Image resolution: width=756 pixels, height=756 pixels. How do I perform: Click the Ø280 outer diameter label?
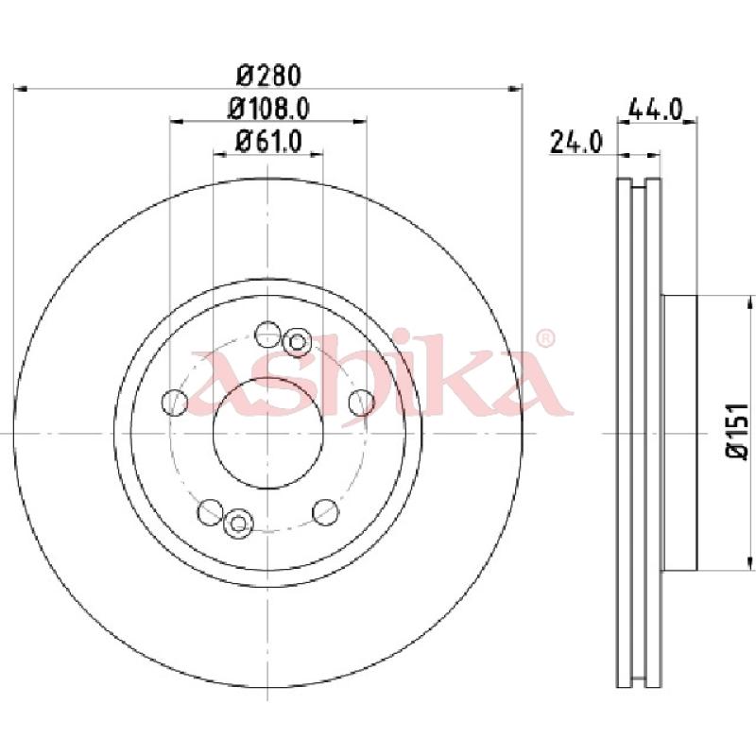(x=269, y=76)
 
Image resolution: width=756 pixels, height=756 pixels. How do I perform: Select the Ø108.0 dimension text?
(x=268, y=109)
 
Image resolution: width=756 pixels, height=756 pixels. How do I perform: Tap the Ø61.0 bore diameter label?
(x=268, y=142)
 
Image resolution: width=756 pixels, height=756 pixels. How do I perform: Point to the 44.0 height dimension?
(x=657, y=110)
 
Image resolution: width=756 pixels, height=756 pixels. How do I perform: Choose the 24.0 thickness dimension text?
(x=576, y=144)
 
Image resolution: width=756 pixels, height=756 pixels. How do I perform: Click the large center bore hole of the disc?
(x=268, y=433)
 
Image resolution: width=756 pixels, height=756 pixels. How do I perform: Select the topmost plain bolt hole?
(x=267, y=335)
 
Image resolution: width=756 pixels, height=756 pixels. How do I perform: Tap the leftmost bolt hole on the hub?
(x=175, y=403)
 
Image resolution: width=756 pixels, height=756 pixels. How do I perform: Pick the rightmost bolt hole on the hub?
(x=361, y=403)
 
